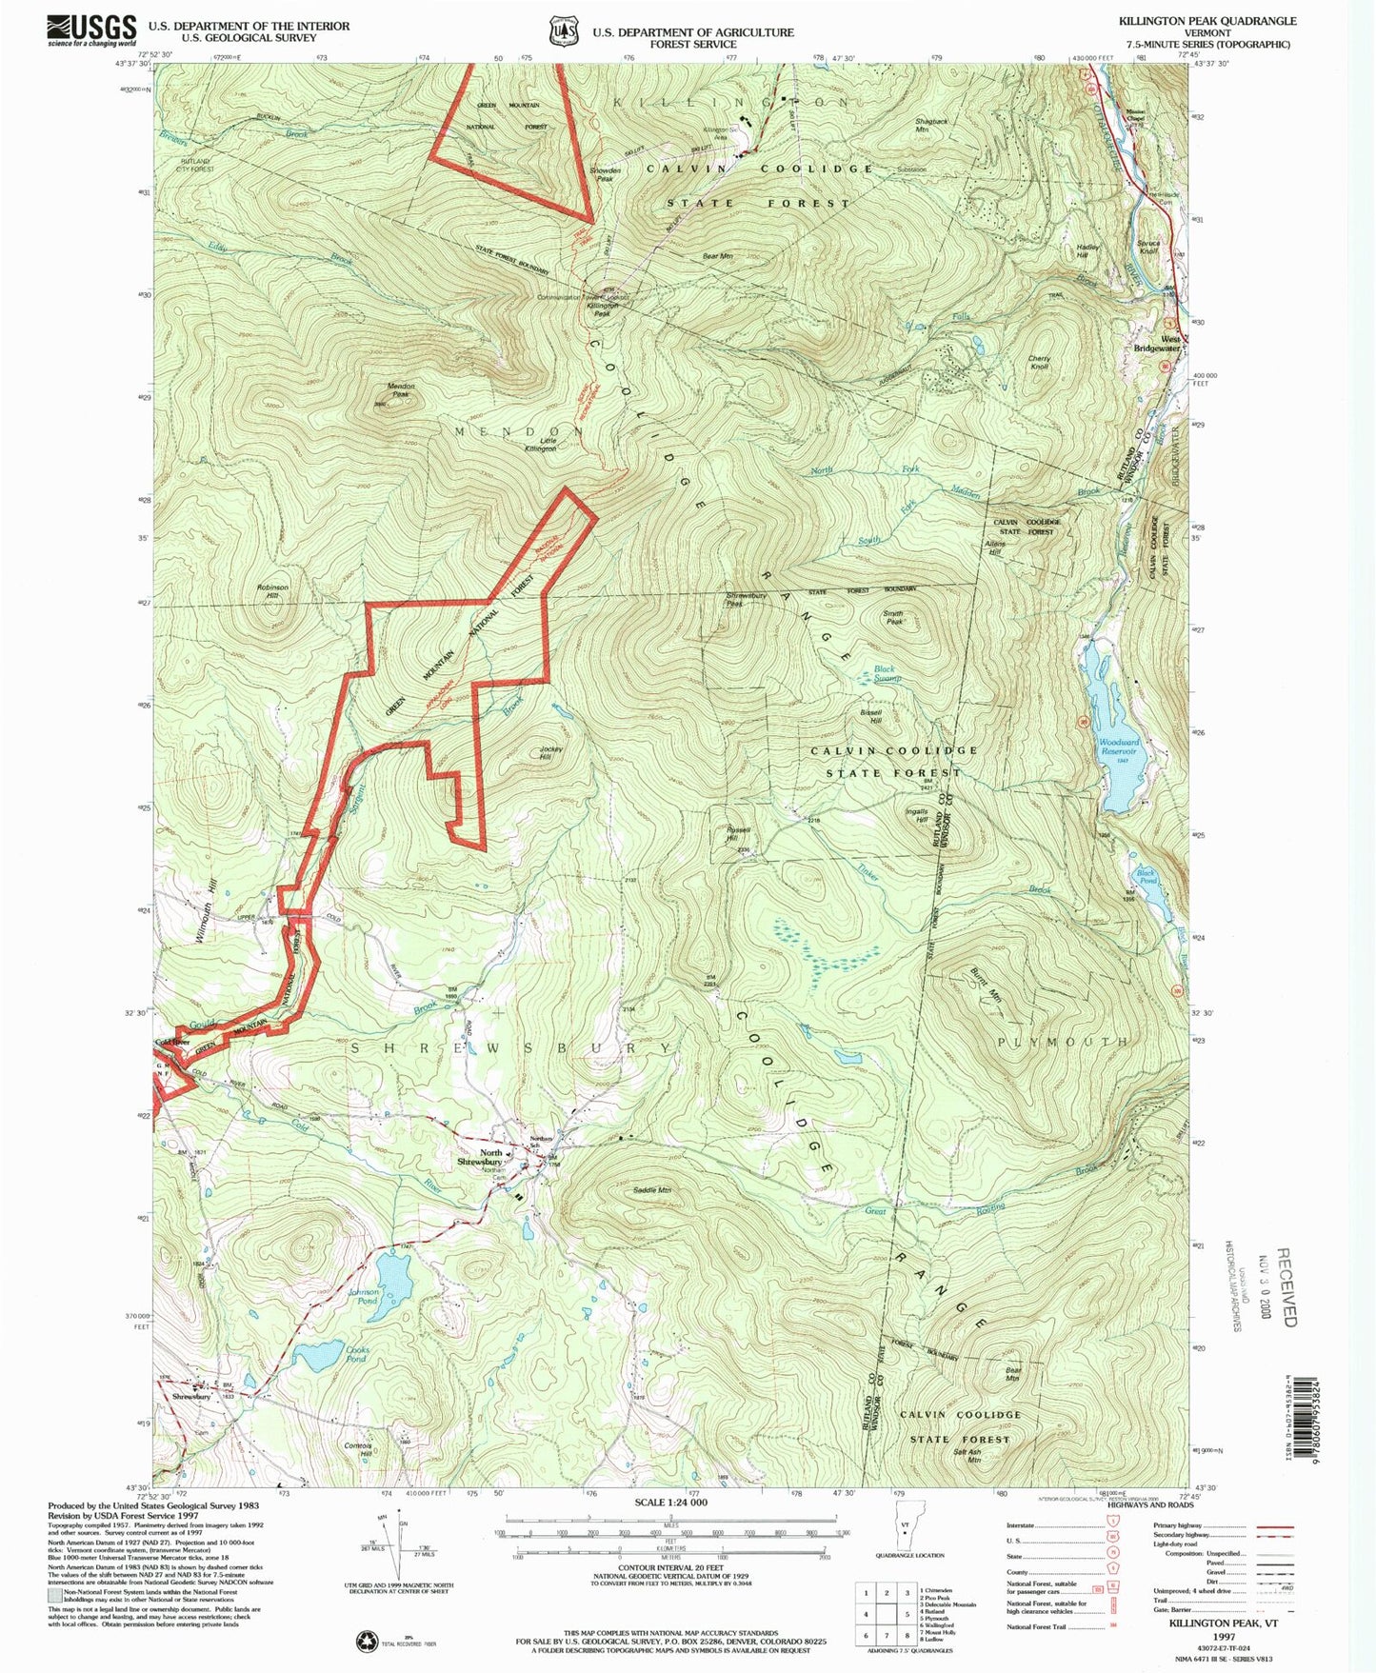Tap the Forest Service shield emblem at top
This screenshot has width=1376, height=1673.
(562, 31)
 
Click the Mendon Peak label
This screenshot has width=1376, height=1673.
(400, 389)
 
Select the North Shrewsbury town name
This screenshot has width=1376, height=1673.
(478, 1157)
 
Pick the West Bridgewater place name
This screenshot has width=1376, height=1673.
(1170, 344)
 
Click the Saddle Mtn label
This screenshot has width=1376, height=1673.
(652, 1190)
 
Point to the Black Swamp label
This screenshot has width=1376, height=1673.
(887, 673)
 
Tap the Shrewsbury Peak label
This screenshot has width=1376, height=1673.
(746, 599)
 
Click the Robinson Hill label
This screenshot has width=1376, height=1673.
(272, 591)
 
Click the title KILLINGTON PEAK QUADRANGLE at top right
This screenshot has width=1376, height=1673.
(1207, 21)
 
